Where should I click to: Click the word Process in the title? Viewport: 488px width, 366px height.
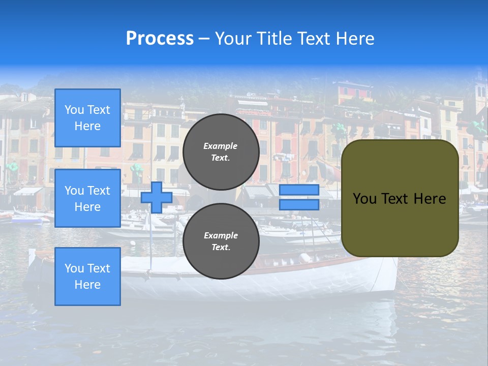tap(160, 39)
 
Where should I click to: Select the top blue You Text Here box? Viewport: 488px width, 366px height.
tap(87, 118)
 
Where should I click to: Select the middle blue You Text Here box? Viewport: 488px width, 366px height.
tap(87, 198)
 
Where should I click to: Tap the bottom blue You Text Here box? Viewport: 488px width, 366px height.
tap(87, 277)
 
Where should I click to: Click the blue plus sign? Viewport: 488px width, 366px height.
tap(157, 197)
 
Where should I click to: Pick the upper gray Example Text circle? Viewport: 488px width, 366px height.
tap(221, 151)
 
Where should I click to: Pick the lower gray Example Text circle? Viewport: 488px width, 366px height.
tap(221, 241)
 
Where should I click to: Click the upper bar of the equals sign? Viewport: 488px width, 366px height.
tap(299, 190)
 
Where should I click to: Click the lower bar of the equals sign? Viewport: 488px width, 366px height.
tap(299, 204)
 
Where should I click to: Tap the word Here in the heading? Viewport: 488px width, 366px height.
tap(355, 39)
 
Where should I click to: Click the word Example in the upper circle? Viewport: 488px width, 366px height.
tap(221, 146)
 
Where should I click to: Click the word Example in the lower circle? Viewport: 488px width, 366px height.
tap(221, 235)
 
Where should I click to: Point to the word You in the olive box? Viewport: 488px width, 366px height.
tap(364, 199)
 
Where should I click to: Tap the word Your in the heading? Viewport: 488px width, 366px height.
tap(232, 39)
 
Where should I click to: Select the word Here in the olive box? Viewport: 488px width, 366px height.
tap(430, 199)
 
